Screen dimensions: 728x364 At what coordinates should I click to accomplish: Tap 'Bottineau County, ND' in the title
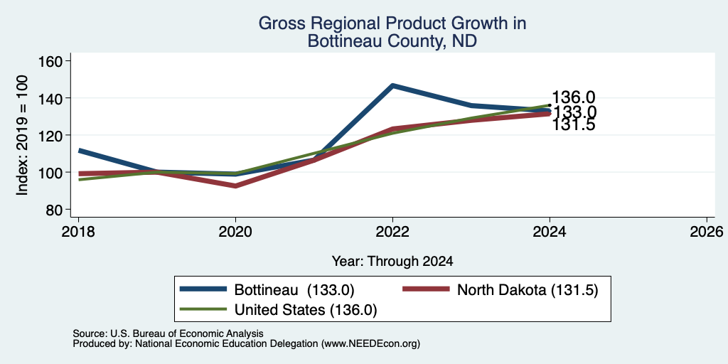[x=392, y=41]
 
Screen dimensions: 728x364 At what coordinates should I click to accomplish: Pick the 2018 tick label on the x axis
[x=78, y=231]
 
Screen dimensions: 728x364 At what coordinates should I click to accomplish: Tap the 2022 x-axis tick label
[x=392, y=231]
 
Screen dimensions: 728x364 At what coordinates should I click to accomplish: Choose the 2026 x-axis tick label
[x=707, y=231]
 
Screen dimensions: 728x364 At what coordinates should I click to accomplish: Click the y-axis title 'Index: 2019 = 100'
[x=22, y=135]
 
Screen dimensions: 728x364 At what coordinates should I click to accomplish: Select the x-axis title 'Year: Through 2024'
[x=392, y=262]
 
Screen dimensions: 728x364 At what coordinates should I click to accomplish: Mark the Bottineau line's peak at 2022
[x=392, y=85]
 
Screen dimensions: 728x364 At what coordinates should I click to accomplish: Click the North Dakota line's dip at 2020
[x=236, y=186]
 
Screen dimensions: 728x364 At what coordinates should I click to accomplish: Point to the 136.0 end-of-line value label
[x=574, y=97]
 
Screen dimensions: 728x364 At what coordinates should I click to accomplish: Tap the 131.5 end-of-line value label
[x=574, y=125]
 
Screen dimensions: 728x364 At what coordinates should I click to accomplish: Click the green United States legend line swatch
[x=203, y=309]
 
